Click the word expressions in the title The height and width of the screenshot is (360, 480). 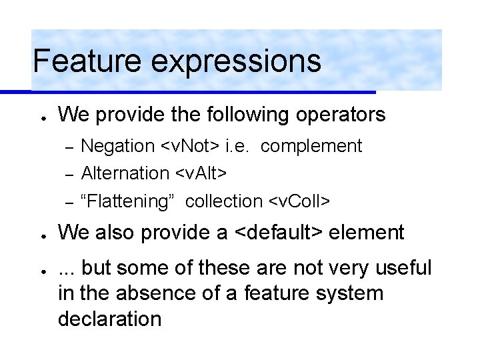pyautogui.click(x=236, y=62)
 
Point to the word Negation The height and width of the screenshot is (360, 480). pyautogui.click(x=117, y=146)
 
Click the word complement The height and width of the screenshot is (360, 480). pyautogui.click(x=311, y=147)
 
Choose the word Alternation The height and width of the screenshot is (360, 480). pyautogui.click(x=125, y=173)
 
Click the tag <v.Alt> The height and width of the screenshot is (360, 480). pyautogui.click(x=201, y=173)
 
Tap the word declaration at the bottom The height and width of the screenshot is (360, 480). pyautogui.click(x=109, y=319)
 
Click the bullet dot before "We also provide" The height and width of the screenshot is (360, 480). pyautogui.click(x=41, y=235)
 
